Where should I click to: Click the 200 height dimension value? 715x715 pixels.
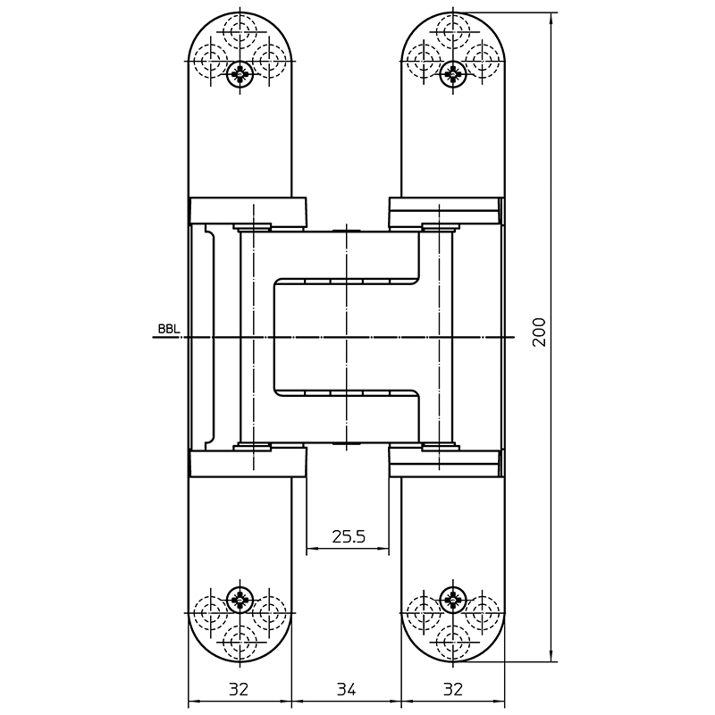[x=539, y=332]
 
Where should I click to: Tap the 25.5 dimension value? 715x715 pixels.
[x=349, y=537]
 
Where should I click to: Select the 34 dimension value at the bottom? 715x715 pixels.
[x=347, y=689]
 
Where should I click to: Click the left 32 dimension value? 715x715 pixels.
[x=239, y=689]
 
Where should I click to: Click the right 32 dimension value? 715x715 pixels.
[x=453, y=689]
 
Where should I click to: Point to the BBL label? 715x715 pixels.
[x=169, y=329]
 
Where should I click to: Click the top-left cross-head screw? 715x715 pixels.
[x=240, y=74]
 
